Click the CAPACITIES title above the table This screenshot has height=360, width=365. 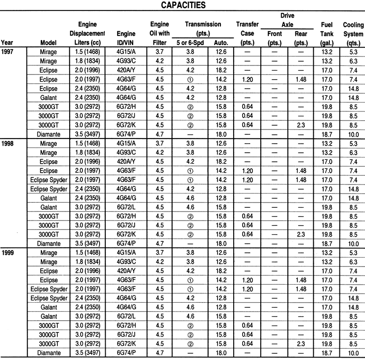183,5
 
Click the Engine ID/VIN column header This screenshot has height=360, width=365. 126,38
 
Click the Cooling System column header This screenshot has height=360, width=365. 353,34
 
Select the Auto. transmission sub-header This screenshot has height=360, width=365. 221,43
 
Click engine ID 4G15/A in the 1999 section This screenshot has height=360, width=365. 126,252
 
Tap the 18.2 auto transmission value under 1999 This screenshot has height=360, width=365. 221,270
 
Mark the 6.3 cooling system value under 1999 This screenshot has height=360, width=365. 353,261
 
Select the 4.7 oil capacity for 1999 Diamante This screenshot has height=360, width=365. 160,353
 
